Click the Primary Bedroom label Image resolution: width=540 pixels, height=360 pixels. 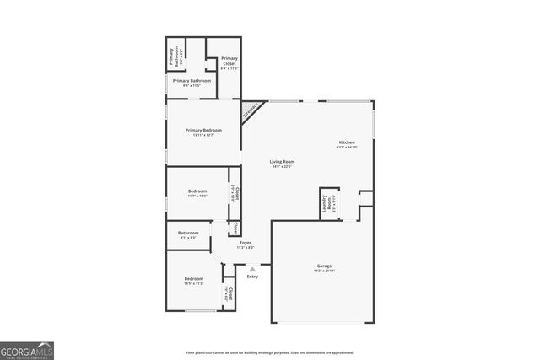[203, 131]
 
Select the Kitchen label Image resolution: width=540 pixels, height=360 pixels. [347, 142]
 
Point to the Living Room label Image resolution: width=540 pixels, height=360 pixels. [282, 162]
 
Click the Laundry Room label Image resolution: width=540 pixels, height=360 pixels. [325, 203]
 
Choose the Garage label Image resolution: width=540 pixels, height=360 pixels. [324, 266]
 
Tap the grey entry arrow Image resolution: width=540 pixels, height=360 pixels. [251, 270]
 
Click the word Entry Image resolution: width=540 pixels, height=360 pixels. [252, 277]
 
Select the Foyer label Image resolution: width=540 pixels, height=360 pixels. [246, 243]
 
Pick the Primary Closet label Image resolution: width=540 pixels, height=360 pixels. [229, 61]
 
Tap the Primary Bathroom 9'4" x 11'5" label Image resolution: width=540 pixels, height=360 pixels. [192, 82]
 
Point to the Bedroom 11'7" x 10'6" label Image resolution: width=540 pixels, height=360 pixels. [197, 193]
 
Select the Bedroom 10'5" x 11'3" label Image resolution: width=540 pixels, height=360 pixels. [194, 280]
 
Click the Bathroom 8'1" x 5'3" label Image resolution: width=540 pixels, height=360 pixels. [188, 234]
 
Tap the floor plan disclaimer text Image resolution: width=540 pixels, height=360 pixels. [269, 352]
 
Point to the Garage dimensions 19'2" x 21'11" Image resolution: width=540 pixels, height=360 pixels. [324, 271]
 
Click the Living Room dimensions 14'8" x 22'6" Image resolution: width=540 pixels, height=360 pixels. [282, 167]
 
